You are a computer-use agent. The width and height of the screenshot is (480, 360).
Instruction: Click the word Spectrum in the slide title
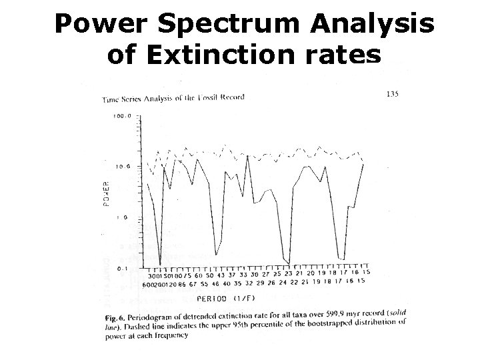pos(221,26)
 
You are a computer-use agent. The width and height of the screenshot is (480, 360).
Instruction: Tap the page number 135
pos(393,94)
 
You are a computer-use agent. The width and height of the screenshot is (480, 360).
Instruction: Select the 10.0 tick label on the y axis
pos(123,167)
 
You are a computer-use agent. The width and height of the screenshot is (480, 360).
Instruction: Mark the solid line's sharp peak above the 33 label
pos(247,156)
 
